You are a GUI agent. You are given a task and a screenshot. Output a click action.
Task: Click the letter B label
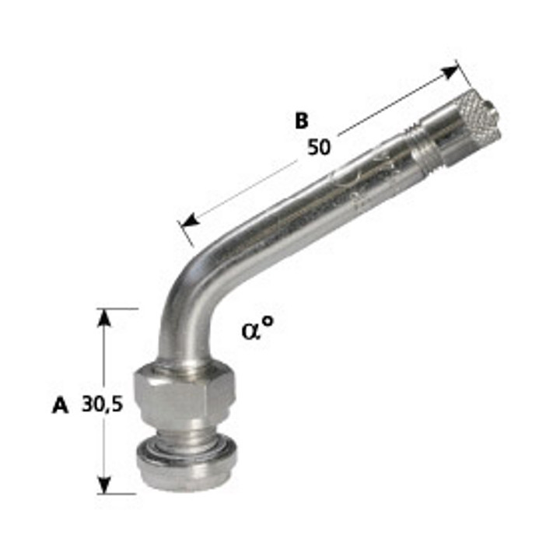click(x=302, y=121)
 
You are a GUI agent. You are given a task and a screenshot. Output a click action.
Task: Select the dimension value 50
click(x=319, y=147)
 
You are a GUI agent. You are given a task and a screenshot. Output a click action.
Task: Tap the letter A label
click(x=61, y=406)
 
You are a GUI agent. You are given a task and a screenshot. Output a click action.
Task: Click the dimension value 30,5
click(x=102, y=404)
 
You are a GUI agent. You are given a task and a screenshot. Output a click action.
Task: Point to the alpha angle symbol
click(x=252, y=331)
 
